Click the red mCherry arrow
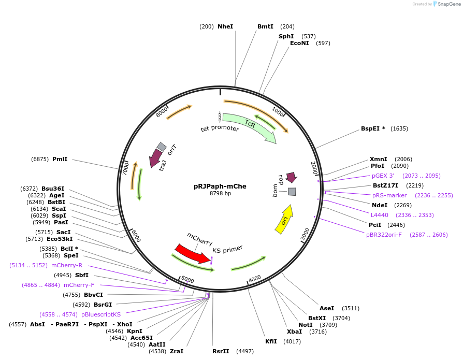[x=193, y=253]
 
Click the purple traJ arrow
[x=155, y=157]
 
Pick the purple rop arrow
[x=291, y=177]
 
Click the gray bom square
[x=292, y=192]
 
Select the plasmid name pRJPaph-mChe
[x=220, y=186]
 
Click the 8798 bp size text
[x=220, y=193]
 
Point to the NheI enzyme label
[x=225, y=26]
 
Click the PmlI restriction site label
[x=60, y=159]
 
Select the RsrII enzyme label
[x=221, y=351]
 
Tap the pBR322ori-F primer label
[x=384, y=235]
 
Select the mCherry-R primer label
[x=67, y=265]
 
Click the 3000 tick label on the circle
[x=305, y=234]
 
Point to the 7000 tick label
[x=125, y=168]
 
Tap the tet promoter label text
[x=220, y=128]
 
